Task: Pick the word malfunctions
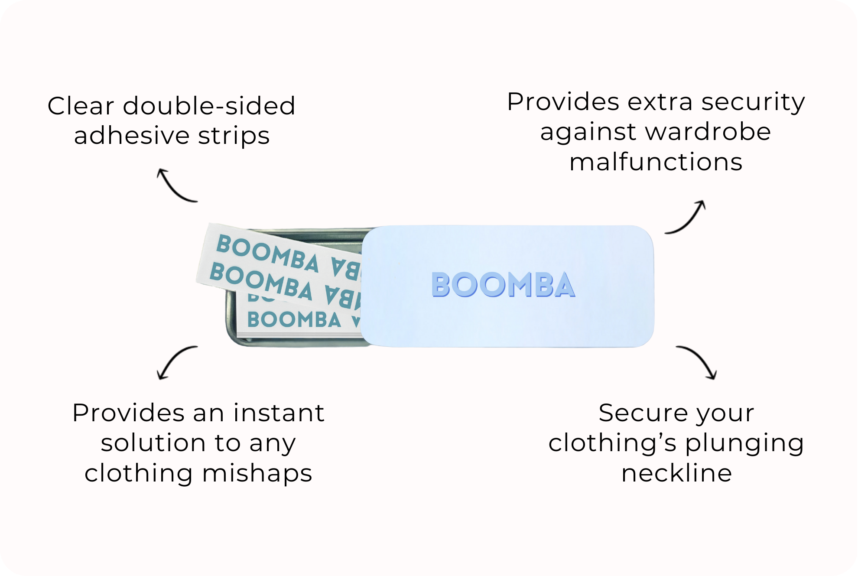pyautogui.click(x=656, y=162)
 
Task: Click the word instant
pyautogui.click(x=279, y=413)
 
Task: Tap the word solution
pyautogui.click(x=153, y=443)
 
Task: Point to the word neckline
pyautogui.click(x=676, y=473)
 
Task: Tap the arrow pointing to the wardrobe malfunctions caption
pyautogui.click(x=686, y=218)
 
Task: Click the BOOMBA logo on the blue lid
pyautogui.click(x=503, y=285)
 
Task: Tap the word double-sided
pyautogui.click(x=209, y=106)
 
